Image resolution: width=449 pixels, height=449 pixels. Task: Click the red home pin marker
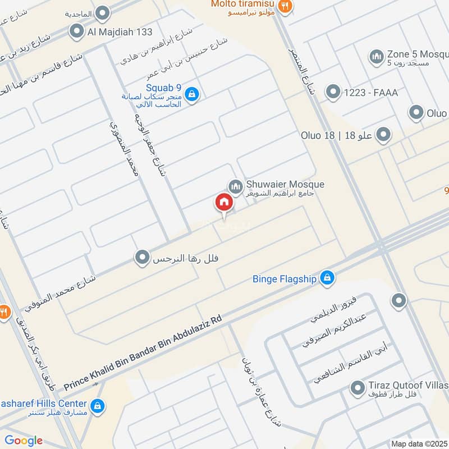pos(223,203)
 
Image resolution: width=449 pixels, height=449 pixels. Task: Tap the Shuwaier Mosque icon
pos(235,185)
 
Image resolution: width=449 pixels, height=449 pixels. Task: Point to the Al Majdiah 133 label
pos(120,32)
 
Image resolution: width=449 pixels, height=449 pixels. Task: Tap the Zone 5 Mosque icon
pos(375,56)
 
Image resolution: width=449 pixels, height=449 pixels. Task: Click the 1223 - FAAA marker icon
pos(333,92)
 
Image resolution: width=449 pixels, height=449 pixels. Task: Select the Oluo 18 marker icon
pos(383,135)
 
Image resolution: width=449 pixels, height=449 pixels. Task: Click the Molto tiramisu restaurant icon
pos(285,6)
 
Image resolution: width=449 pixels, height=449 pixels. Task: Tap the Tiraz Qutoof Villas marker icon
pos(357,387)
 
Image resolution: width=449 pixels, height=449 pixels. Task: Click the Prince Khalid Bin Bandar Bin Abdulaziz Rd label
pos(143,353)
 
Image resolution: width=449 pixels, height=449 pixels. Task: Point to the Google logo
pos(24,441)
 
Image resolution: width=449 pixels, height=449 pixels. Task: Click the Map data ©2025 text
pos(419,443)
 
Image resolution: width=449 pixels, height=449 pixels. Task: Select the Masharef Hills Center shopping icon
pos(98,405)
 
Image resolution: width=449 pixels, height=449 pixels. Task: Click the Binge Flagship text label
pos(285,278)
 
